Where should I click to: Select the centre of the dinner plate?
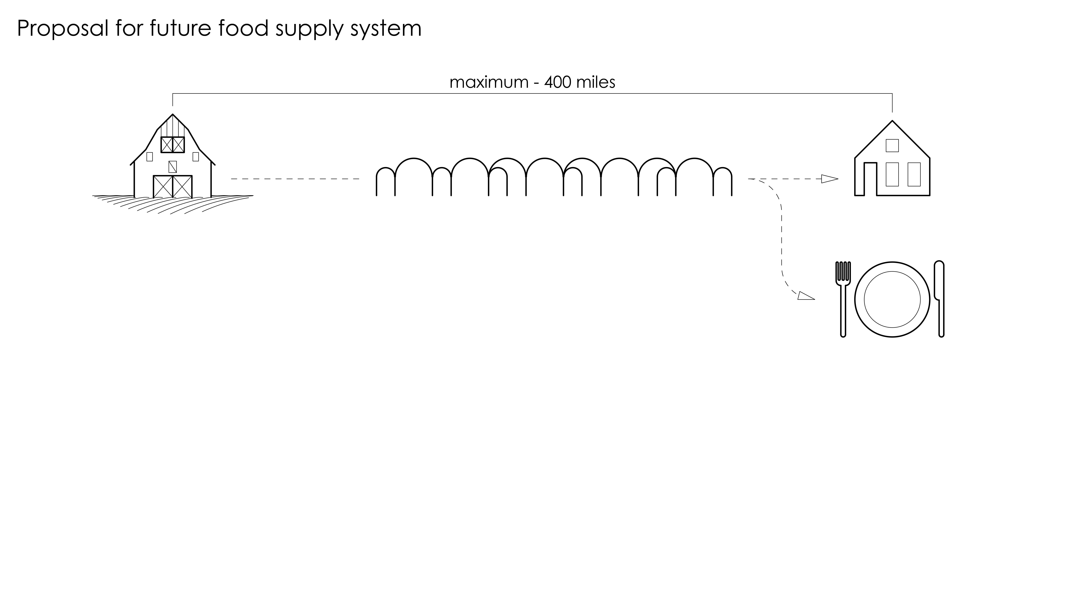tap(892, 299)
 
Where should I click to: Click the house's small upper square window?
tap(892, 146)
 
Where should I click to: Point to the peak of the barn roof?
tap(172, 115)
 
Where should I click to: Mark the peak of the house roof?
tap(892, 121)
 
